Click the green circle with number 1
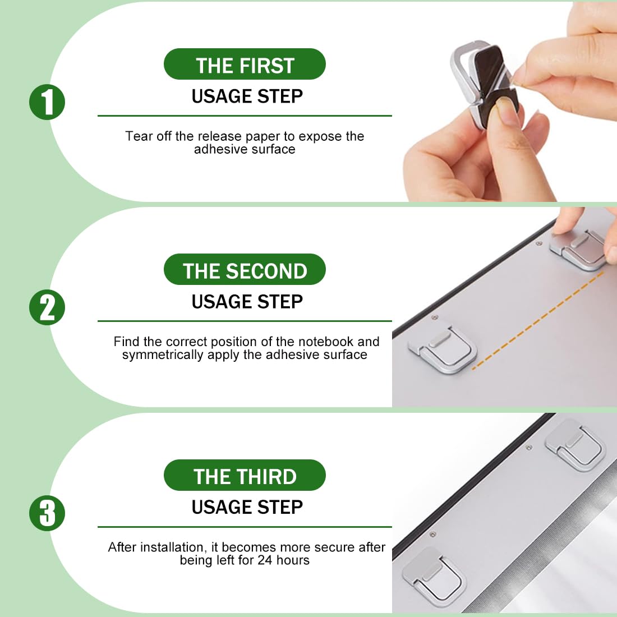click(47, 102)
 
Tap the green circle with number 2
click(47, 307)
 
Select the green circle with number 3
click(47, 513)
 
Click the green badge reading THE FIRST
click(245, 64)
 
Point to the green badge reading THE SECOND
click(245, 270)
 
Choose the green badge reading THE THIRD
click(245, 475)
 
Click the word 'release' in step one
click(219, 136)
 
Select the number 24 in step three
click(265, 560)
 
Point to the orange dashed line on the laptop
click(537, 320)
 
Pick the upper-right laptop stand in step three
click(575, 445)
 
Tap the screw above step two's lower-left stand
click(434, 317)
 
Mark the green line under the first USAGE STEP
click(245, 116)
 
